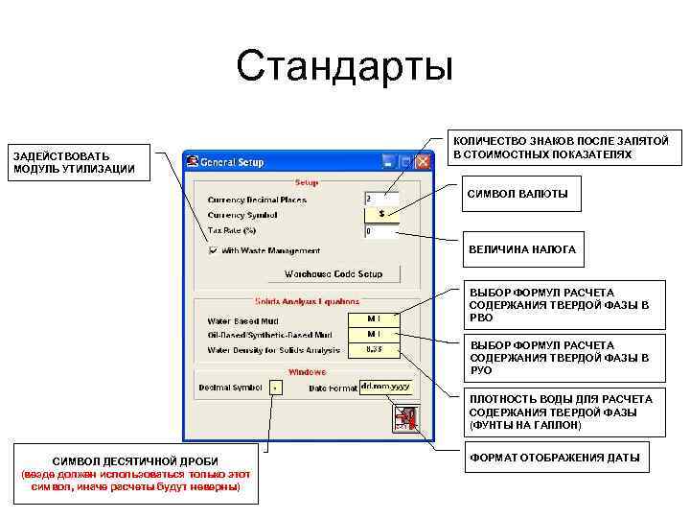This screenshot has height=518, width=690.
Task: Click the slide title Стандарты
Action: click(x=344, y=66)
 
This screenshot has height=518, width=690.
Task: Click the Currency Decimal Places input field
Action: click(x=380, y=199)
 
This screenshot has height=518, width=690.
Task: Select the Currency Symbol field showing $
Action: click(x=380, y=214)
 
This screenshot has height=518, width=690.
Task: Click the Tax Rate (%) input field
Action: click(x=380, y=231)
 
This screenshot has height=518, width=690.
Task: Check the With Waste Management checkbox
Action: click(x=213, y=250)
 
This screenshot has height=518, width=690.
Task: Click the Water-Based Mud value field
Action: click(x=374, y=318)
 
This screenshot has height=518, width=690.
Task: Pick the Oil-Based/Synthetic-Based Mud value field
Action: click(x=374, y=334)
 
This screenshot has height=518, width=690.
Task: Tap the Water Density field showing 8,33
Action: click(x=374, y=350)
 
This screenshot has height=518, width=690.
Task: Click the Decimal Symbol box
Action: click(x=276, y=388)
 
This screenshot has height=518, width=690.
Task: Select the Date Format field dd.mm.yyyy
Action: click(x=384, y=387)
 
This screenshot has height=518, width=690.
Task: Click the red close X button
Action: click(x=423, y=161)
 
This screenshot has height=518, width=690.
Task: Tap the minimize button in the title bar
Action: click(x=388, y=161)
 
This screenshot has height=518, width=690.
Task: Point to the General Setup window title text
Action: click(x=231, y=161)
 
